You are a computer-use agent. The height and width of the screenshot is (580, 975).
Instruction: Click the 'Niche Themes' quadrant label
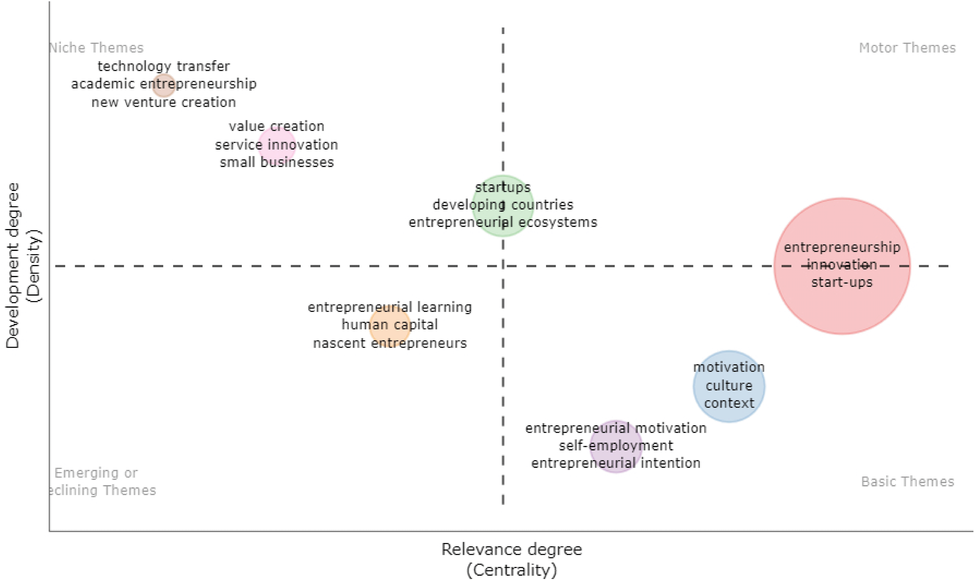(x=97, y=48)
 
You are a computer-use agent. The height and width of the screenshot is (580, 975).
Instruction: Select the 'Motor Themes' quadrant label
(x=907, y=48)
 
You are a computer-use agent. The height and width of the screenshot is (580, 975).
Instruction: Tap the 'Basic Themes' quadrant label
(x=907, y=482)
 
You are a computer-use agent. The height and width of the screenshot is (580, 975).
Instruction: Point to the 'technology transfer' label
(x=163, y=66)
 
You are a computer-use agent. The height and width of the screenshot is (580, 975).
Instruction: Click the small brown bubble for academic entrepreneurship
(x=163, y=85)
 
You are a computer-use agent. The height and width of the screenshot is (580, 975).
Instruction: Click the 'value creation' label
(x=276, y=126)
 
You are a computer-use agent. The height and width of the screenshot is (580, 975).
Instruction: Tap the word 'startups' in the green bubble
(x=503, y=187)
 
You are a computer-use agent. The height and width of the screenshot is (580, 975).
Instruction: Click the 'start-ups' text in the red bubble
(x=842, y=282)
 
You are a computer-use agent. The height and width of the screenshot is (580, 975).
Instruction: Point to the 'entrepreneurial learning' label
(x=390, y=307)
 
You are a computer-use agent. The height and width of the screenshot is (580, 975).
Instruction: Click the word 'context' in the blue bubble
(x=729, y=403)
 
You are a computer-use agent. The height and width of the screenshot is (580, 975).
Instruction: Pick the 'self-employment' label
(x=616, y=446)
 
